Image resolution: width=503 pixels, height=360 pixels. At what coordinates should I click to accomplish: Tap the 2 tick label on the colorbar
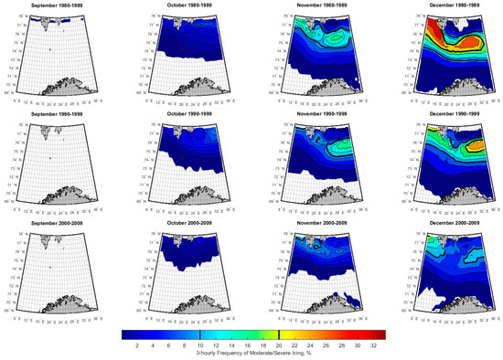click(x=135, y=346)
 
